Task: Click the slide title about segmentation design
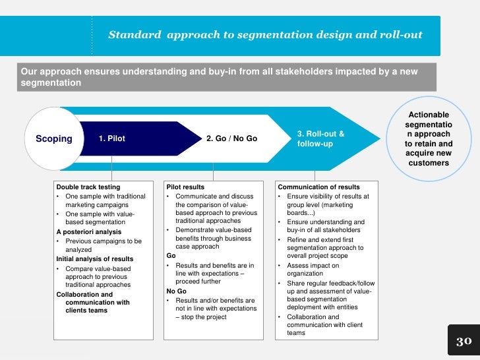[x=265, y=34]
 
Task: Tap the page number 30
[x=464, y=341]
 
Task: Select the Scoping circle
[x=53, y=138]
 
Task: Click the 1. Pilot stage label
[x=111, y=139]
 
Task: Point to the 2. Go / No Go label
[x=231, y=139]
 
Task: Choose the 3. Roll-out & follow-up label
[x=320, y=138]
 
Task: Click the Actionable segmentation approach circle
[x=429, y=138]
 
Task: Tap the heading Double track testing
[x=88, y=187]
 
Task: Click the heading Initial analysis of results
[x=95, y=259]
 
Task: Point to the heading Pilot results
[x=187, y=187]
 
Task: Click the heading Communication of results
[x=319, y=187]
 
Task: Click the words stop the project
[x=202, y=316]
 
